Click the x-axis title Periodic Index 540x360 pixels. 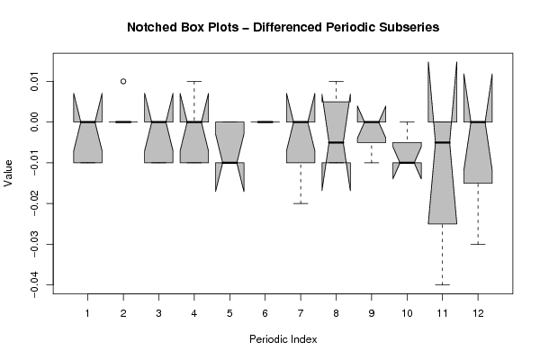coord(283,339)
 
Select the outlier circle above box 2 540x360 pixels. coord(123,81)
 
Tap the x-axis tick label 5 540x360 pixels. coord(229,311)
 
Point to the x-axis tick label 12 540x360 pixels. coord(478,311)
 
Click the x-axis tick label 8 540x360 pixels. coord(336,311)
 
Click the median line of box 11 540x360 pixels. coord(442,142)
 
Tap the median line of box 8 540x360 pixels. coord(336,142)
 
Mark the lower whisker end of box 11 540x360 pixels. coord(442,284)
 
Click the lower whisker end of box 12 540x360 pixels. coord(478,244)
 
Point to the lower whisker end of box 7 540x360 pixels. coord(301,203)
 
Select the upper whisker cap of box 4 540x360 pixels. coord(194,81)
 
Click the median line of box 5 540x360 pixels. coord(229,163)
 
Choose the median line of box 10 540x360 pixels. coord(407,163)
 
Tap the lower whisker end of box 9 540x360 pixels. coord(372,163)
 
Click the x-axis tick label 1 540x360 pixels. coord(88,311)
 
